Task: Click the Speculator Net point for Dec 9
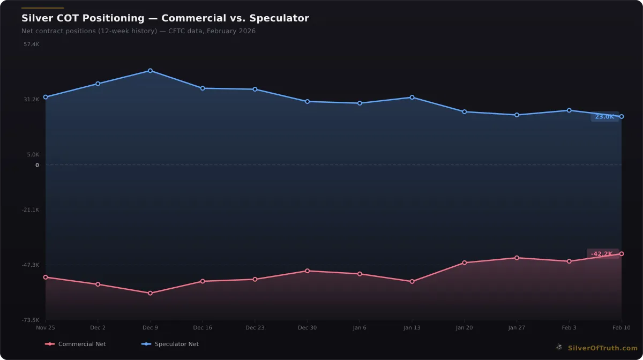click(x=150, y=71)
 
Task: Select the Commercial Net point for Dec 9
click(x=150, y=293)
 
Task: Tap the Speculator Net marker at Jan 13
click(x=412, y=97)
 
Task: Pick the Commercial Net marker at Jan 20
click(x=464, y=262)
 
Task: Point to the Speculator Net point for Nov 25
click(x=46, y=97)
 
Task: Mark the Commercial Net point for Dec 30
click(x=307, y=271)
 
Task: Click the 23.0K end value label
click(x=604, y=117)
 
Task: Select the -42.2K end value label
click(x=602, y=254)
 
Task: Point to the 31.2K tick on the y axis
click(x=32, y=99)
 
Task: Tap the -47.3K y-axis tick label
click(x=31, y=265)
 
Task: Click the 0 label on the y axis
click(x=37, y=165)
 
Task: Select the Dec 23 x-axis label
click(x=255, y=327)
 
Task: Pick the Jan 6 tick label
click(x=360, y=327)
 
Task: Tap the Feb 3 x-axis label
click(x=569, y=327)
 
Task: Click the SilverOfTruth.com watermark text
click(x=603, y=348)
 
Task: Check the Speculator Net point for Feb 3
click(x=569, y=110)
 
